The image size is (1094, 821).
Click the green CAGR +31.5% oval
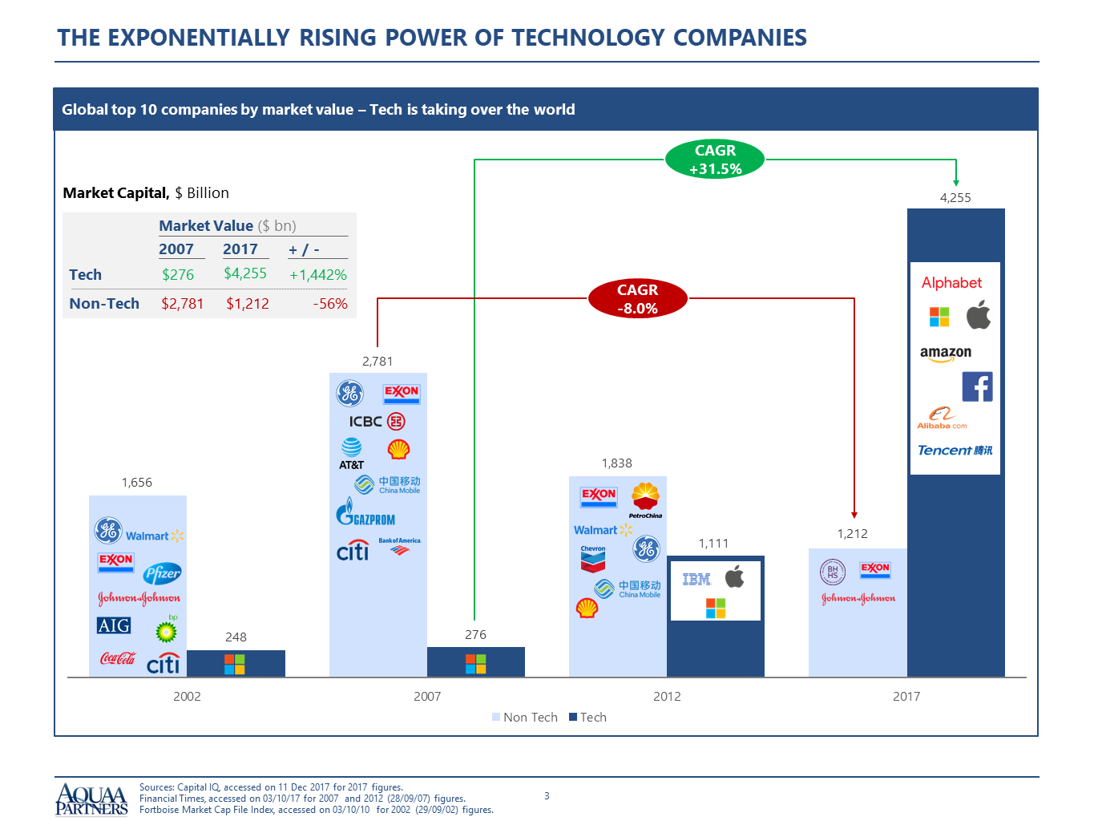tap(715, 160)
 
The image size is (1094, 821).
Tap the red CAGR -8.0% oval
tap(637, 299)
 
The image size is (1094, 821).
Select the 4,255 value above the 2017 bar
tap(955, 197)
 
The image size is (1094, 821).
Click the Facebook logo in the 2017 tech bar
tap(977, 386)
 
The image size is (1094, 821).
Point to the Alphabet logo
tap(951, 282)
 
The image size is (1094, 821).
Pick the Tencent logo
tap(955, 451)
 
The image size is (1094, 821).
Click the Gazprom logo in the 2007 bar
tap(365, 512)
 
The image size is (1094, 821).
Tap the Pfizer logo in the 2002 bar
tap(163, 573)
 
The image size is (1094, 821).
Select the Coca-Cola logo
tap(117, 658)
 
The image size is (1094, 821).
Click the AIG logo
tap(113, 625)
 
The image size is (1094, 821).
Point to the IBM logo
tap(696, 579)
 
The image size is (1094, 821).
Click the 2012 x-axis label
tap(667, 696)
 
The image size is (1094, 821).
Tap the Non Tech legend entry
tap(524, 717)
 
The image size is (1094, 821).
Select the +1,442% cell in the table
tap(318, 275)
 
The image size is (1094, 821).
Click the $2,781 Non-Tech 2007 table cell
tap(183, 304)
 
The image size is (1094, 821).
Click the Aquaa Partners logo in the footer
tap(91, 799)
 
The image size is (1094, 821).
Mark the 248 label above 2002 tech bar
tap(236, 637)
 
